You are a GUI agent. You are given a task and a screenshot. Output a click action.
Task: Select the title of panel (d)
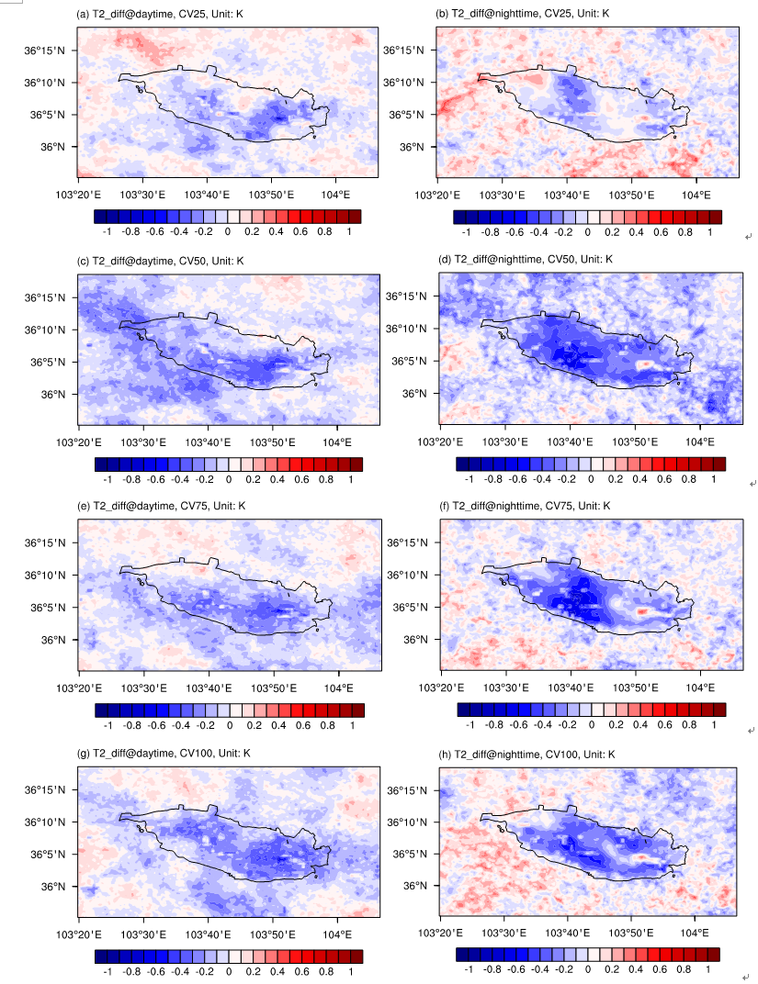pyautogui.click(x=525, y=259)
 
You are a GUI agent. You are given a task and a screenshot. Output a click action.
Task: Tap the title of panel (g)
pyautogui.click(x=163, y=754)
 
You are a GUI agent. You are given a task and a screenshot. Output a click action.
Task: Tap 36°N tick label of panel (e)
pyautogui.click(x=53, y=640)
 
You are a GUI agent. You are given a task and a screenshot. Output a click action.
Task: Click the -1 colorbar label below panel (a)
pyautogui.click(x=107, y=233)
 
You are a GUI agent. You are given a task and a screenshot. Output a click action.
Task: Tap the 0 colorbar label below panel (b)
pyautogui.click(x=587, y=234)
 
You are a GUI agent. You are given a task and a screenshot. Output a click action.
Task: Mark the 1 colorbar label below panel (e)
pyautogui.click(x=352, y=726)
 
